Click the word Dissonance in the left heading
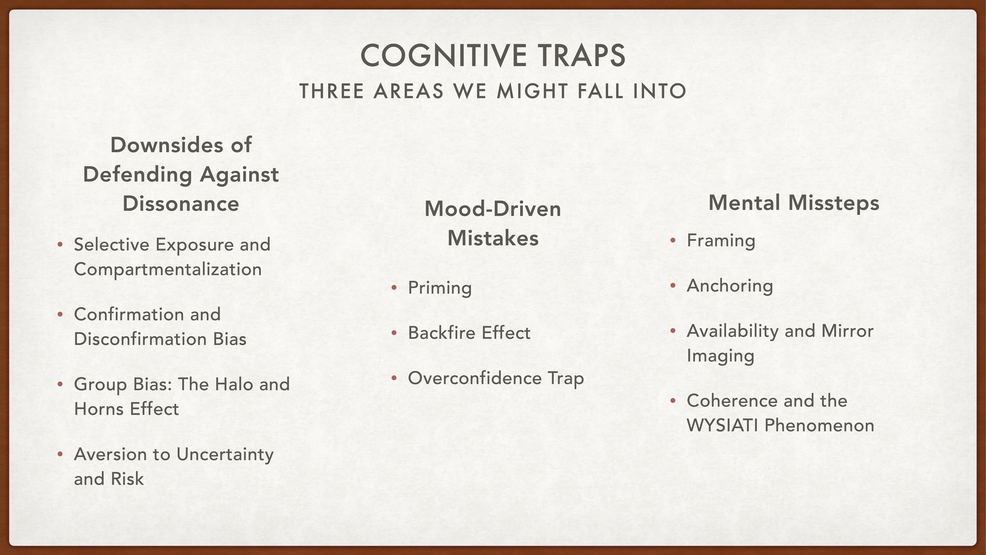[x=181, y=203]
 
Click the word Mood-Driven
[x=493, y=209]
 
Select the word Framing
[x=721, y=241]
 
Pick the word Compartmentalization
[x=168, y=269]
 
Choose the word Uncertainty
[x=225, y=455]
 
